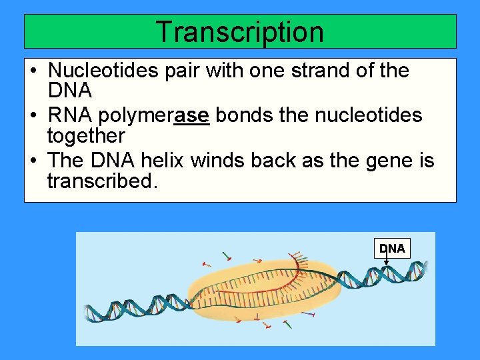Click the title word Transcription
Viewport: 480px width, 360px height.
click(239, 31)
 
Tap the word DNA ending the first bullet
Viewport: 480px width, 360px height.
click(69, 90)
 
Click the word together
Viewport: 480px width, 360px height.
click(86, 136)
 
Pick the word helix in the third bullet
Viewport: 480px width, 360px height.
click(162, 161)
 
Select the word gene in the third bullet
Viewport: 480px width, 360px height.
click(388, 161)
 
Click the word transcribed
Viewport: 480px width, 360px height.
click(103, 181)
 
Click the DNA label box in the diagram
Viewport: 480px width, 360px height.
click(392, 248)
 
